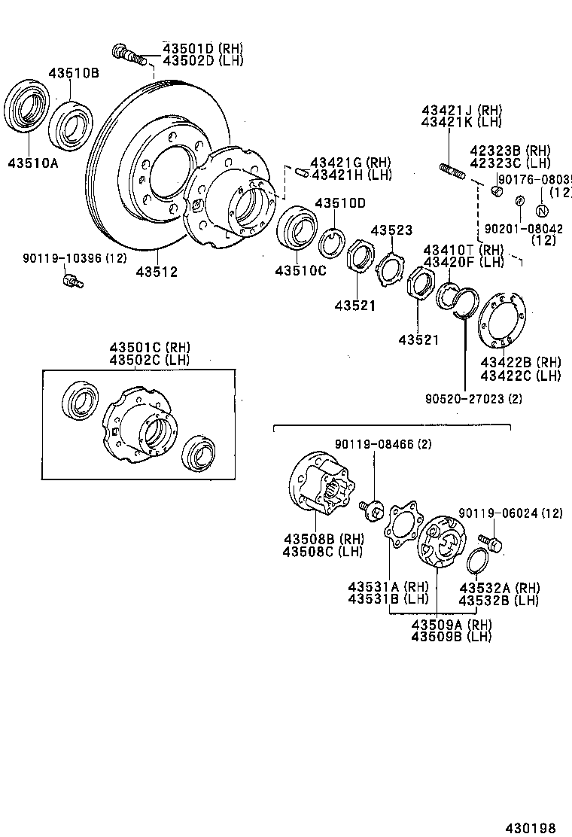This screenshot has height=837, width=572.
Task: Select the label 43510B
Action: click(x=74, y=73)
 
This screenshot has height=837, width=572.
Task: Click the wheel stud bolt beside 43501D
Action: click(x=128, y=53)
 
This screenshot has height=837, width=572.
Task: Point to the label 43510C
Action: click(x=300, y=271)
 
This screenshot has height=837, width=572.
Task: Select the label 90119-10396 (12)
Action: click(x=74, y=258)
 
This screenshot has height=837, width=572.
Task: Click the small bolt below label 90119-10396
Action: click(x=72, y=282)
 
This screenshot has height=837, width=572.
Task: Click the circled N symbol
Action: click(x=542, y=210)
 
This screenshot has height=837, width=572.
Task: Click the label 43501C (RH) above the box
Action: click(x=150, y=347)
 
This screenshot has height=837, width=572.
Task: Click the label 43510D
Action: click(x=339, y=203)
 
